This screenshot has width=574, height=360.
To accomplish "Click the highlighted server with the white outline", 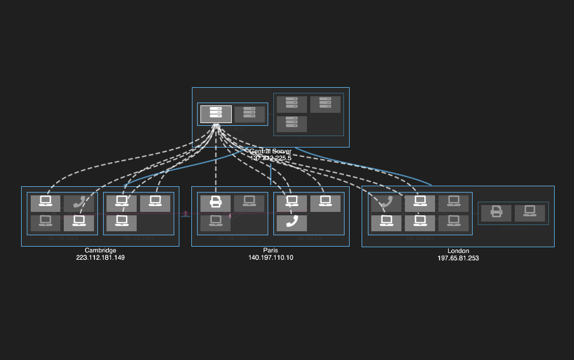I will (216, 114).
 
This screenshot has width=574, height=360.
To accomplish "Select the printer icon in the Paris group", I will (215, 203).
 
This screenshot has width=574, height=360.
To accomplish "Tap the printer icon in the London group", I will (496, 213).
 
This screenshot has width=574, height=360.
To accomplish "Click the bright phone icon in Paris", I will (292, 223).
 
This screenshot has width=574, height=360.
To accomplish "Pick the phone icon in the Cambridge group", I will (79, 203).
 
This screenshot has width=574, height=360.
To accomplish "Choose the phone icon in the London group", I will (386, 203).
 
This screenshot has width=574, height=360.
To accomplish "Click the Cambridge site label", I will (100, 251).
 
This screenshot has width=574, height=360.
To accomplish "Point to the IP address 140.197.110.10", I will (270, 258).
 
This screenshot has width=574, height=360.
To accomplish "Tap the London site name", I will (458, 251).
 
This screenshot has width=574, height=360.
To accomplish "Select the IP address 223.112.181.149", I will (100, 258).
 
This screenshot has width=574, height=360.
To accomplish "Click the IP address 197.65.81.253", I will (458, 258).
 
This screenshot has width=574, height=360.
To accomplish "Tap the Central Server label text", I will (270, 152).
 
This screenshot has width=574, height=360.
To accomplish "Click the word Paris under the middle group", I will (270, 251).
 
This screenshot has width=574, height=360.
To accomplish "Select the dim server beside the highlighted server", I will (249, 114).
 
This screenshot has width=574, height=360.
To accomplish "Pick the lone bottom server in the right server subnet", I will (292, 124).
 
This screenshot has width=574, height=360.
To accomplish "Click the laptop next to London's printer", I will (530, 213).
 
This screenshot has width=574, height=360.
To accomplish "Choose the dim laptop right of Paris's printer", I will (249, 203).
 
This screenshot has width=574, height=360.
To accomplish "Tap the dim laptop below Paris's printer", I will (215, 223).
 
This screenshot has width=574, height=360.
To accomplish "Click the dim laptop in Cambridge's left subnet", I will (46, 223).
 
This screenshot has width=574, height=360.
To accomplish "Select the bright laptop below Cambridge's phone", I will (79, 223).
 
